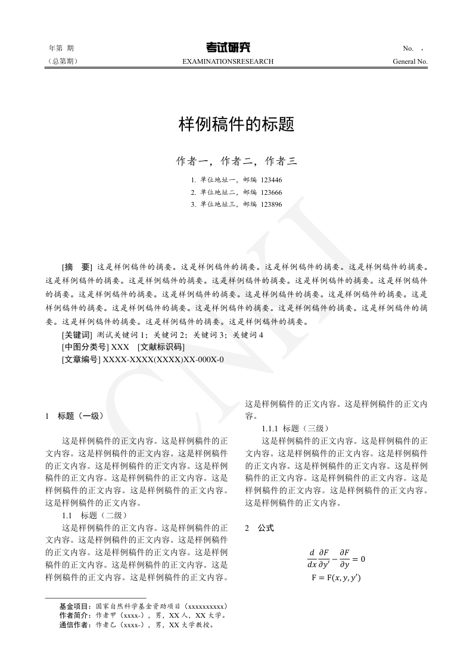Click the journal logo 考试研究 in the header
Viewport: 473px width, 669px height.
click(229, 48)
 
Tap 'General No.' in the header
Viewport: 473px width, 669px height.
click(410, 61)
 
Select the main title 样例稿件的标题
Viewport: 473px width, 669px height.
click(236, 125)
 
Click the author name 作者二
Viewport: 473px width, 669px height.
click(236, 161)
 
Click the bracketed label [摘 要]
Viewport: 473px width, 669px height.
click(77, 267)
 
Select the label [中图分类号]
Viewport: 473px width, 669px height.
click(84, 347)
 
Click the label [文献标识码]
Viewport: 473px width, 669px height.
click(161, 347)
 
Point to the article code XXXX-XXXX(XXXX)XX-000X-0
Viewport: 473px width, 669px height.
click(163, 360)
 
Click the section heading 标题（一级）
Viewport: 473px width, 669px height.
click(82, 416)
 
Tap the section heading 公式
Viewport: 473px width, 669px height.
click(266, 528)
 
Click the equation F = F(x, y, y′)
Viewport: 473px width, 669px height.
click(336, 578)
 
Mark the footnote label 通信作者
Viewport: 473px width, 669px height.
click(75, 626)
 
